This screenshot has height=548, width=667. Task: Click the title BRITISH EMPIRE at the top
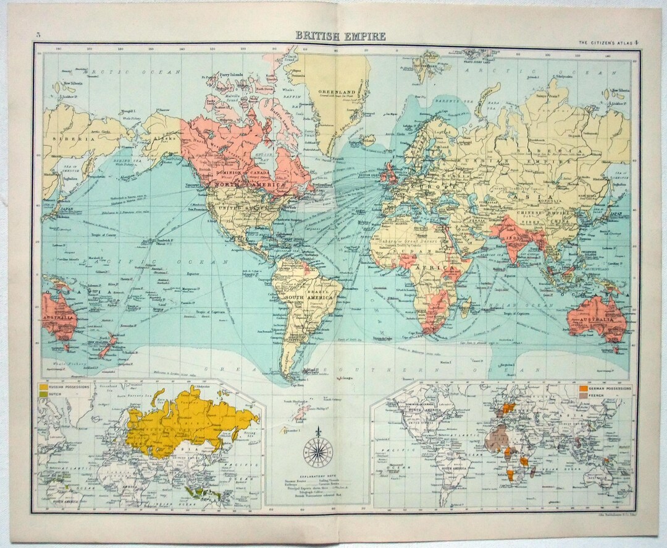(x=340, y=36)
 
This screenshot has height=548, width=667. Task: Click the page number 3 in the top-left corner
(x=38, y=34)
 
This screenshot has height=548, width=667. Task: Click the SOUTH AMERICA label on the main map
(x=308, y=298)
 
